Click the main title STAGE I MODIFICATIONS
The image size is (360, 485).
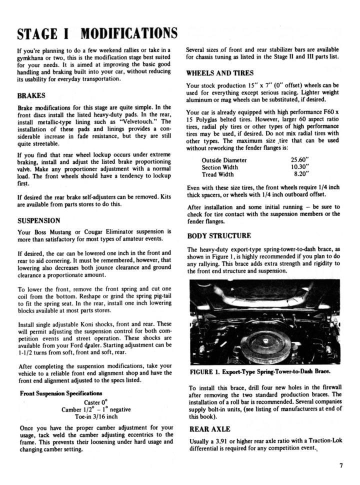pyautogui.click(x=97, y=34)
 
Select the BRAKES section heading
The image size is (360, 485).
pyautogui.click(x=31, y=95)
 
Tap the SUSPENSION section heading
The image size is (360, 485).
pyautogui.click(x=39, y=220)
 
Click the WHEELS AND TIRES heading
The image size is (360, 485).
pyautogui.click(x=219, y=72)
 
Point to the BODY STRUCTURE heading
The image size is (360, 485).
pyautogui.click(x=219, y=235)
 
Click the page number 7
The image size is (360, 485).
pyautogui.click(x=340, y=465)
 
